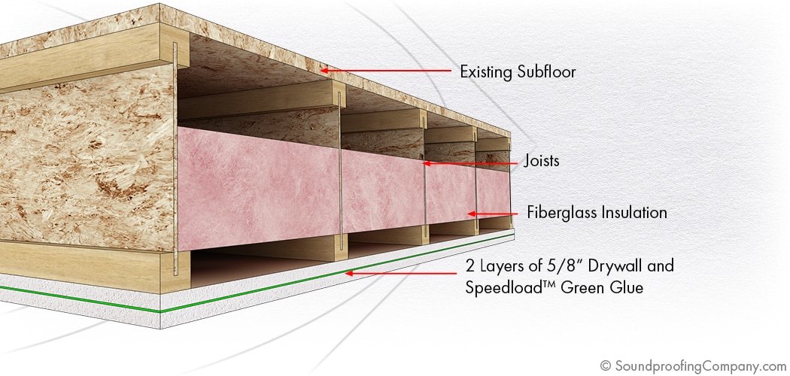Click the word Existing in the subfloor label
tap(485, 71)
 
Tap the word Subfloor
tap(546, 71)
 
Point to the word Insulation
tap(634, 212)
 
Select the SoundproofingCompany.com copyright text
tap(693, 365)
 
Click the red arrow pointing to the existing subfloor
tap(385, 71)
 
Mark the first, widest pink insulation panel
tap(259, 188)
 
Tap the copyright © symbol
tap(605, 365)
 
